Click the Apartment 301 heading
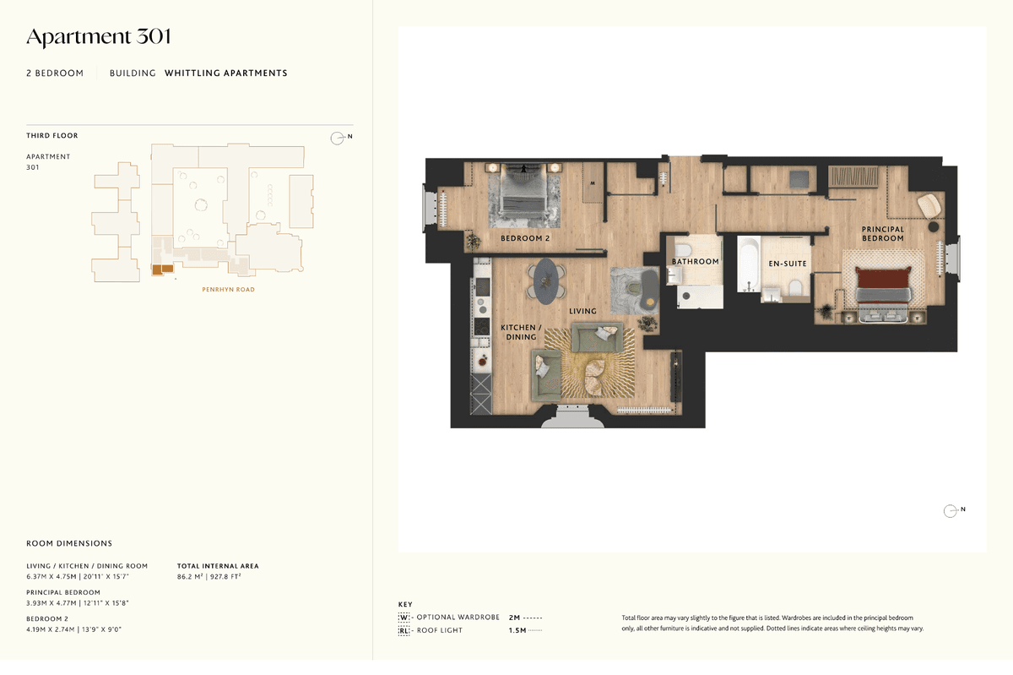pos(99,36)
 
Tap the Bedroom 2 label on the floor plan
pos(525,238)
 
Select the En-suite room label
pos(788,264)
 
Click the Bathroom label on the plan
pos(695,262)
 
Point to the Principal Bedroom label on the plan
pos(883,234)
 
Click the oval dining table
pos(546,280)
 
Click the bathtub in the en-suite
pos(749,264)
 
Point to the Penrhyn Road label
pos(229,290)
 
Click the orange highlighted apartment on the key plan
pos(162,269)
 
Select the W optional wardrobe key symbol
pos(404,617)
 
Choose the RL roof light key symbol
pos(404,630)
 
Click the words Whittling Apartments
pos(225,73)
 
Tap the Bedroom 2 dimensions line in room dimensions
pos(73,629)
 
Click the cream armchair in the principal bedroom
pos(929,205)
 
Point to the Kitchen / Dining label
pos(521,332)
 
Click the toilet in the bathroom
pos(681,250)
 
